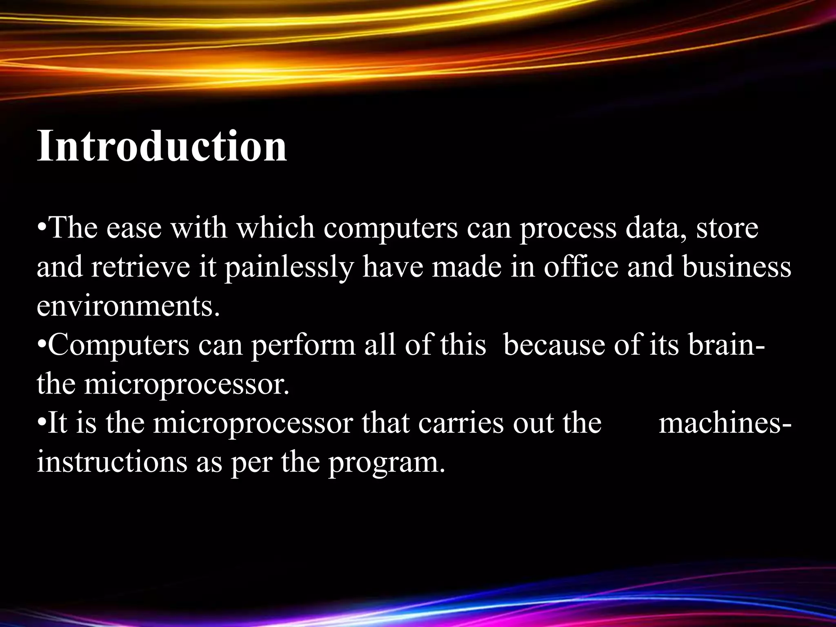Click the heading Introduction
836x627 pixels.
coord(162,146)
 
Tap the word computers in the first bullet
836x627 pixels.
coord(391,229)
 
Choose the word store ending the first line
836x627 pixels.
coord(727,229)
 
